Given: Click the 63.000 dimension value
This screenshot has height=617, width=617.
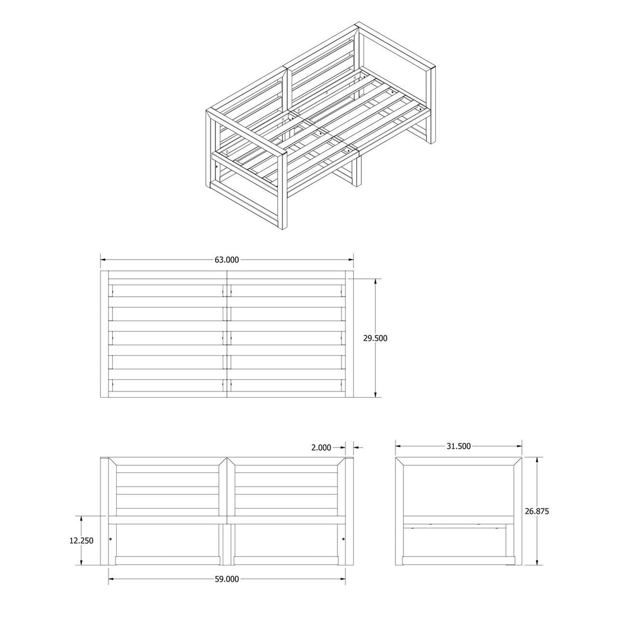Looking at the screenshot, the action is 227,260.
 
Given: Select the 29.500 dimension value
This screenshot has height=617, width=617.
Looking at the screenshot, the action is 375,338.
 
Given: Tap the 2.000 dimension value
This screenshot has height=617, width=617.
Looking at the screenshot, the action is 321,448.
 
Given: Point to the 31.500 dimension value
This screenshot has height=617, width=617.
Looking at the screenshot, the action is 458,446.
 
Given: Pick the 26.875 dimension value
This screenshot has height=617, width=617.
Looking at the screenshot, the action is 537,511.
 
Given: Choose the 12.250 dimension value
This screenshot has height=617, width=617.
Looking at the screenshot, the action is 81,541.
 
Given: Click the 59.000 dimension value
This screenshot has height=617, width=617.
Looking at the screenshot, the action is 227,579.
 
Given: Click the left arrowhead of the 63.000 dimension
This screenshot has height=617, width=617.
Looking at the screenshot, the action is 104,260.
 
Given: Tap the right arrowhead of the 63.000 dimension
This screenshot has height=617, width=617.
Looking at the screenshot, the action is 351,260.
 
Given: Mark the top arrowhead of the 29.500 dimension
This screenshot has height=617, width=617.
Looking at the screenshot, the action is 376,282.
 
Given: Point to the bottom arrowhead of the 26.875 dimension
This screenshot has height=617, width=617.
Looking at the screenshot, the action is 537,562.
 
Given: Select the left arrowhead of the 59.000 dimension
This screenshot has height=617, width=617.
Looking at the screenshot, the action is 112,579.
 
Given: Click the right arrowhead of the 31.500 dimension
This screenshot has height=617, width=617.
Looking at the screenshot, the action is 519,446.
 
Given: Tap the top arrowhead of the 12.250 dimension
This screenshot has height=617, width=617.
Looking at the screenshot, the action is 81,519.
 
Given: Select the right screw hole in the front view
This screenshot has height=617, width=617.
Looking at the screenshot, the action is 343,538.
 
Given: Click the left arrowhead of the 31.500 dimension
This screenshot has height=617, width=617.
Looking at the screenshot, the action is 399,446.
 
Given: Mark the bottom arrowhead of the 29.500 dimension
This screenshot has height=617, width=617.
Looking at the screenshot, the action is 376,394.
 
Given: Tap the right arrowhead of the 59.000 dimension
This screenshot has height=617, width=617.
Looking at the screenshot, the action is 343,579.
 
